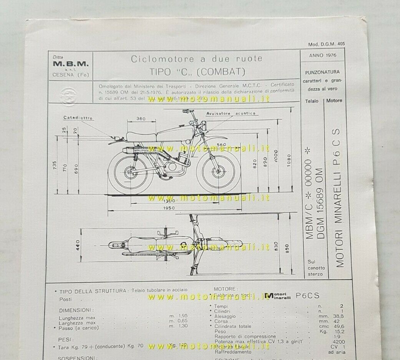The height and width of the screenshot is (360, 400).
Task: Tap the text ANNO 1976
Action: click(322, 55)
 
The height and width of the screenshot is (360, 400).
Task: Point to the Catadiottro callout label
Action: click(78, 118)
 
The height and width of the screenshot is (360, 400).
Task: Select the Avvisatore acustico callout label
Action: click(231, 114)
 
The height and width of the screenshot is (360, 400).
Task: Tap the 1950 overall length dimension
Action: click(168, 208)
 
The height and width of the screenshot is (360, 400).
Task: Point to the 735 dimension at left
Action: click(55, 166)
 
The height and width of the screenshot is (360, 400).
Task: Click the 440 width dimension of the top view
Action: click(77, 245)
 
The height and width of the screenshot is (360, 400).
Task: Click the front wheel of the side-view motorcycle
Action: click(218, 170)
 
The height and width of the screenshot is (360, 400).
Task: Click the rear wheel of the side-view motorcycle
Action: click(129, 171)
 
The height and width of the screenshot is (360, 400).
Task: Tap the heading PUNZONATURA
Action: click(322, 72)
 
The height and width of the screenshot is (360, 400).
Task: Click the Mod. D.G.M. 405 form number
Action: click(326, 44)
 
